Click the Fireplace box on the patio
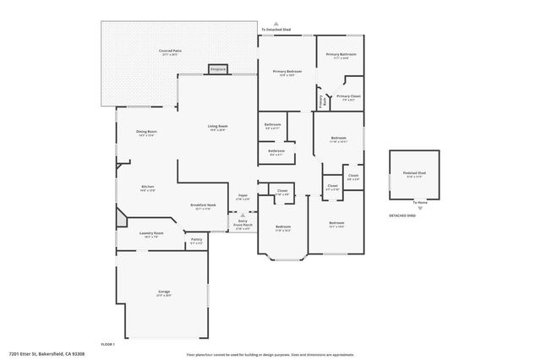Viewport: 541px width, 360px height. pyautogui.click(x=218, y=68)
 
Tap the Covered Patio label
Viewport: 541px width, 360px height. pyautogui.click(x=171, y=52)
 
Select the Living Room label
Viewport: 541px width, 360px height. pyautogui.click(x=219, y=127)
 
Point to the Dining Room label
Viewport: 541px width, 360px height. pyautogui.click(x=146, y=133)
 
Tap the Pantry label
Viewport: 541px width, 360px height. pyautogui.click(x=196, y=241)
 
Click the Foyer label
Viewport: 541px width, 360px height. pyautogui.click(x=243, y=196)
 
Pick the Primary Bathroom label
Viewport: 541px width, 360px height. pyautogui.click(x=342, y=56)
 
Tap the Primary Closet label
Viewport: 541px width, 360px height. pyautogui.click(x=348, y=97)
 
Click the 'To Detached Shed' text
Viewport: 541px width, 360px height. pyautogui.click(x=276, y=30)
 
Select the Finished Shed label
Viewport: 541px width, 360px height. pyautogui.click(x=414, y=175)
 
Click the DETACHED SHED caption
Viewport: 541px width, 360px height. pyautogui.click(x=402, y=215)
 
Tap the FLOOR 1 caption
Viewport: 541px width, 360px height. pyautogui.click(x=107, y=345)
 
